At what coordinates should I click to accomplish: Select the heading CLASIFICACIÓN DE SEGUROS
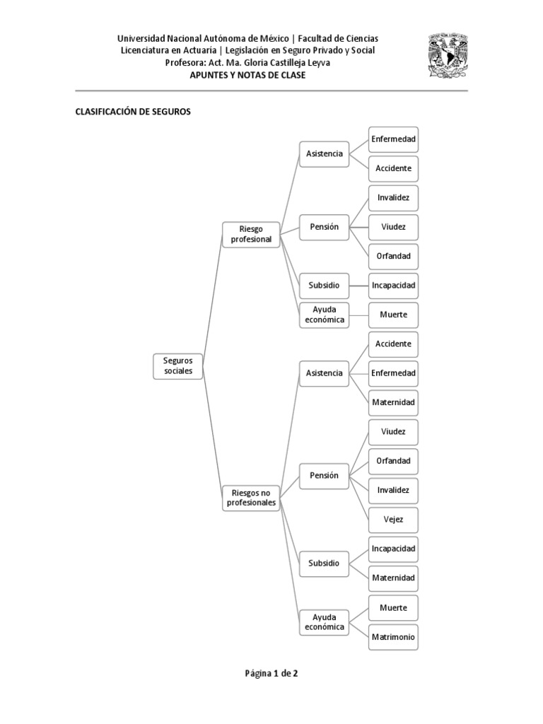pyautogui.click(x=133, y=112)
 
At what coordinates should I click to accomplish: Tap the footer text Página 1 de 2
pyautogui.click(x=271, y=673)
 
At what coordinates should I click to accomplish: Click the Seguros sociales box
pyautogui.click(x=178, y=366)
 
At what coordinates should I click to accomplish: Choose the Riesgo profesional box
pyautogui.click(x=250, y=234)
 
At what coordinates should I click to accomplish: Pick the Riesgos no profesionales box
pyautogui.click(x=250, y=497)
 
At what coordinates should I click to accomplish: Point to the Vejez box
pyautogui.click(x=394, y=520)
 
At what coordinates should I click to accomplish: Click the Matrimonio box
pyautogui.click(x=394, y=637)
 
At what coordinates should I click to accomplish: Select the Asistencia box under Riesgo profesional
pyautogui.click(x=324, y=153)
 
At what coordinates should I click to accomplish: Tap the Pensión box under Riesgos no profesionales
pyautogui.click(x=324, y=475)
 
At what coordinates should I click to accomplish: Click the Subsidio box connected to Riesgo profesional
pyautogui.click(x=324, y=285)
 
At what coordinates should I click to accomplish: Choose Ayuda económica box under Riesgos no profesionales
pyautogui.click(x=324, y=622)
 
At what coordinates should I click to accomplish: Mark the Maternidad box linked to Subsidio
pyautogui.click(x=394, y=578)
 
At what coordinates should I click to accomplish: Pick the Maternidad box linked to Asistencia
pyautogui.click(x=394, y=402)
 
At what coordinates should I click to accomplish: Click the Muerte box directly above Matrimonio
pyautogui.click(x=394, y=607)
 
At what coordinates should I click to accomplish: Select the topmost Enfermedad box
pyautogui.click(x=394, y=139)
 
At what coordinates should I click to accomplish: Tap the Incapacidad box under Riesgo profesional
pyautogui.click(x=394, y=285)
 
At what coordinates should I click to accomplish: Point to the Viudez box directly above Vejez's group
pyautogui.click(x=394, y=431)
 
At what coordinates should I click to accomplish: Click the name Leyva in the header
pyautogui.click(x=316, y=63)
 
